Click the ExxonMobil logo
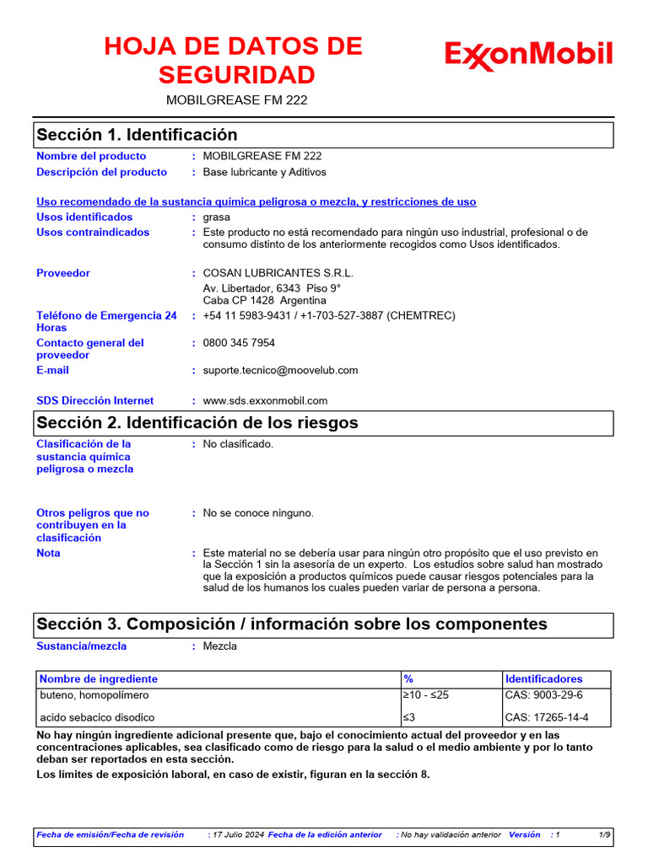(528, 56)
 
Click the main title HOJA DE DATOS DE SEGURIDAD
(234, 61)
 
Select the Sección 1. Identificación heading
(137, 135)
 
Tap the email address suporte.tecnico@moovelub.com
(280, 370)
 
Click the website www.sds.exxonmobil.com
(265, 401)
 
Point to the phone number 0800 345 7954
(239, 343)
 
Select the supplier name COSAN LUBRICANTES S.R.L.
(278, 273)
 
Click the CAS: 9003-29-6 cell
(543, 695)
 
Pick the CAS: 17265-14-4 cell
(547, 718)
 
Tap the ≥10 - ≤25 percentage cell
(425, 695)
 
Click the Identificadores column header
(543, 678)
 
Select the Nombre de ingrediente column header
(99, 678)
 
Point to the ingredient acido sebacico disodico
(97, 718)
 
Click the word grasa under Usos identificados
(217, 217)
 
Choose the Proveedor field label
(63, 273)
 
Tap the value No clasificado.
(238, 444)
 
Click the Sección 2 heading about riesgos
(197, 423)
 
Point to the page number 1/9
(605, 834)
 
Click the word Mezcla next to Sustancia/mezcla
(220, 646)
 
